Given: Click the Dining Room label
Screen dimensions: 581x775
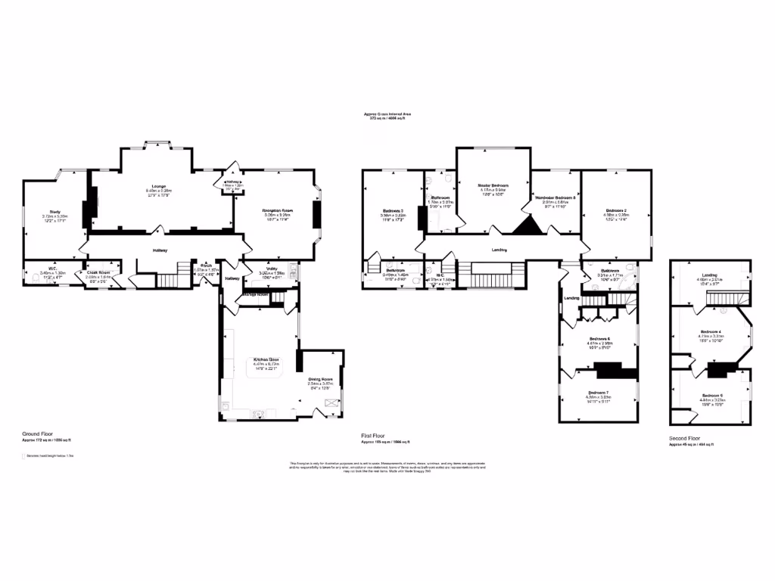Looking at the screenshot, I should [x=320, y=379].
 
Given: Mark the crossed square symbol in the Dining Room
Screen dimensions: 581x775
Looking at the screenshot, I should [x=331, y=403].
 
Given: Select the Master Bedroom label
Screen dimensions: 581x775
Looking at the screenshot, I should [x=493, y=185].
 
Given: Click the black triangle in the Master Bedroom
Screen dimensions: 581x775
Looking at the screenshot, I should [x=524, y=225].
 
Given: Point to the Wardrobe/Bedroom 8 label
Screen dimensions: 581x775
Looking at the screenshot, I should [x=556, y=197].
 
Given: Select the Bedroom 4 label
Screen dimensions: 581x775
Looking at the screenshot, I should [x=711, y=331].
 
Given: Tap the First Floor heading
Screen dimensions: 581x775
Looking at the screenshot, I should [x=373, y=436].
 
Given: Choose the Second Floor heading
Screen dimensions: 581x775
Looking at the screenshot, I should [x=684, y=439].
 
